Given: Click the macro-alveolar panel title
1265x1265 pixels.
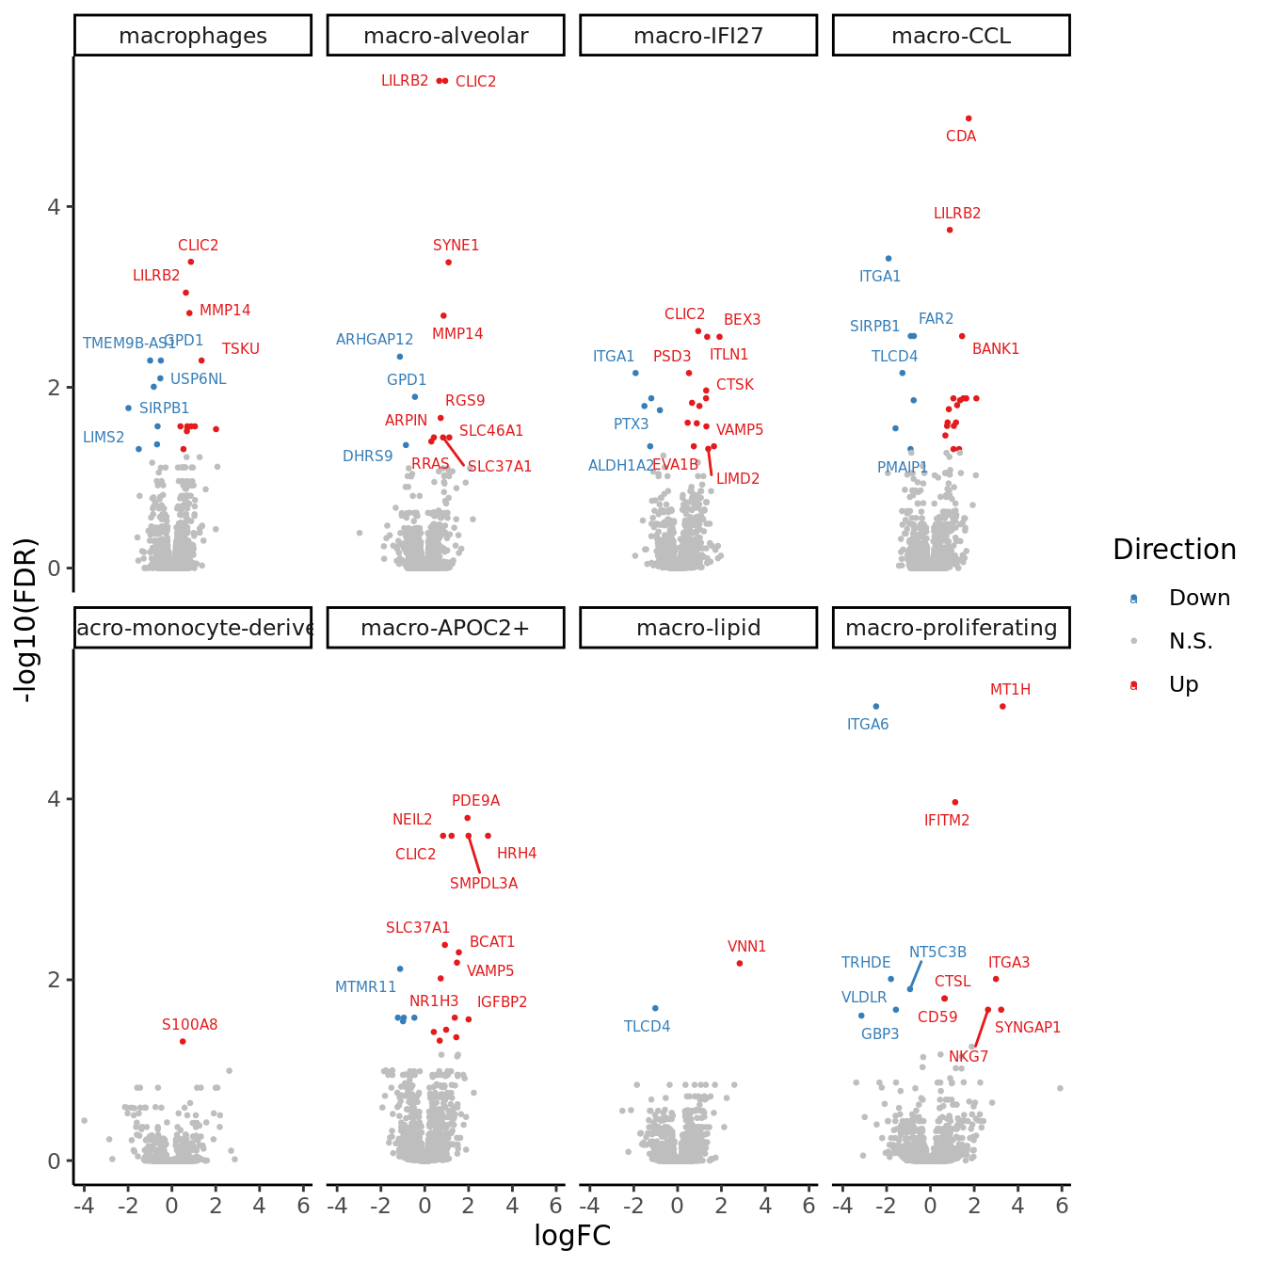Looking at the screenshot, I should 445,36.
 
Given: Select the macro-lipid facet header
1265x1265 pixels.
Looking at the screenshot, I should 698,628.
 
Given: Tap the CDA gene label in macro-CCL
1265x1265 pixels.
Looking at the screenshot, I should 961,136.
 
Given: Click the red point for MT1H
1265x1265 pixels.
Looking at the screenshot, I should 1002,706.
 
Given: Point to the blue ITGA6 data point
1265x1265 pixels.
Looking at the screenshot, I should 875,706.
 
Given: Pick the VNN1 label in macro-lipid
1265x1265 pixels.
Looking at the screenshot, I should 746,947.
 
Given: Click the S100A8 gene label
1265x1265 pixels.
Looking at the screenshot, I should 189,1025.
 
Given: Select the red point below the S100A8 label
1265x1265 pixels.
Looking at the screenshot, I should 183,1041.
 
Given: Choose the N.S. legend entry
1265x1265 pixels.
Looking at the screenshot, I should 1191,641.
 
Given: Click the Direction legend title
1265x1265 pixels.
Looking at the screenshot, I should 1174,550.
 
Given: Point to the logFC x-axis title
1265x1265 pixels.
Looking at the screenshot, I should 572,1236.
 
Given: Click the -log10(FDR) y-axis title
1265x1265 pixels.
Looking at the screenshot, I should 25,619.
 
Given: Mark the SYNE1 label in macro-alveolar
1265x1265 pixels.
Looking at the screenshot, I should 456,246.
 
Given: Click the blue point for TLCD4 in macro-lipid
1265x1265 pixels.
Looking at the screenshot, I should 655,1008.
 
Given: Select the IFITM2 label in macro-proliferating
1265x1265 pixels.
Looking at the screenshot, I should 946,821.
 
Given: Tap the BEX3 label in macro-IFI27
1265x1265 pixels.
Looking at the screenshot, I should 742,320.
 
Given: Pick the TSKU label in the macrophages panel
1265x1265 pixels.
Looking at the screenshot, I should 240,349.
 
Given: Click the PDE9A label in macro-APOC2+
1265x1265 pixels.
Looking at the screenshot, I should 475,801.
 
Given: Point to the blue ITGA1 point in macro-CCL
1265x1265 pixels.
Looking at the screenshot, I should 888,258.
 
